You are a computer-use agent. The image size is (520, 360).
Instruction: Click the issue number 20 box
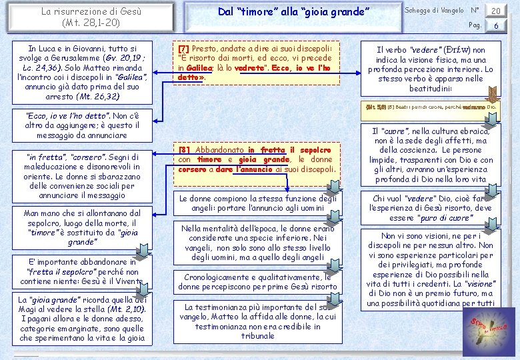495,11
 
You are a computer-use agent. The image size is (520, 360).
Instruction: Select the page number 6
495,25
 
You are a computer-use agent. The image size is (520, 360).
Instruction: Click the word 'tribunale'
257,336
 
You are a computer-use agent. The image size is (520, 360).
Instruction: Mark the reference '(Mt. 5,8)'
376,106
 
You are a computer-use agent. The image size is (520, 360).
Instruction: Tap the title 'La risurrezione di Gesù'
91,11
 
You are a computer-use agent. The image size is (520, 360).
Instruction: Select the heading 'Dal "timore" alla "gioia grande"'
294,12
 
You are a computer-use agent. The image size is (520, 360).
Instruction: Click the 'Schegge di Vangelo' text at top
434,11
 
